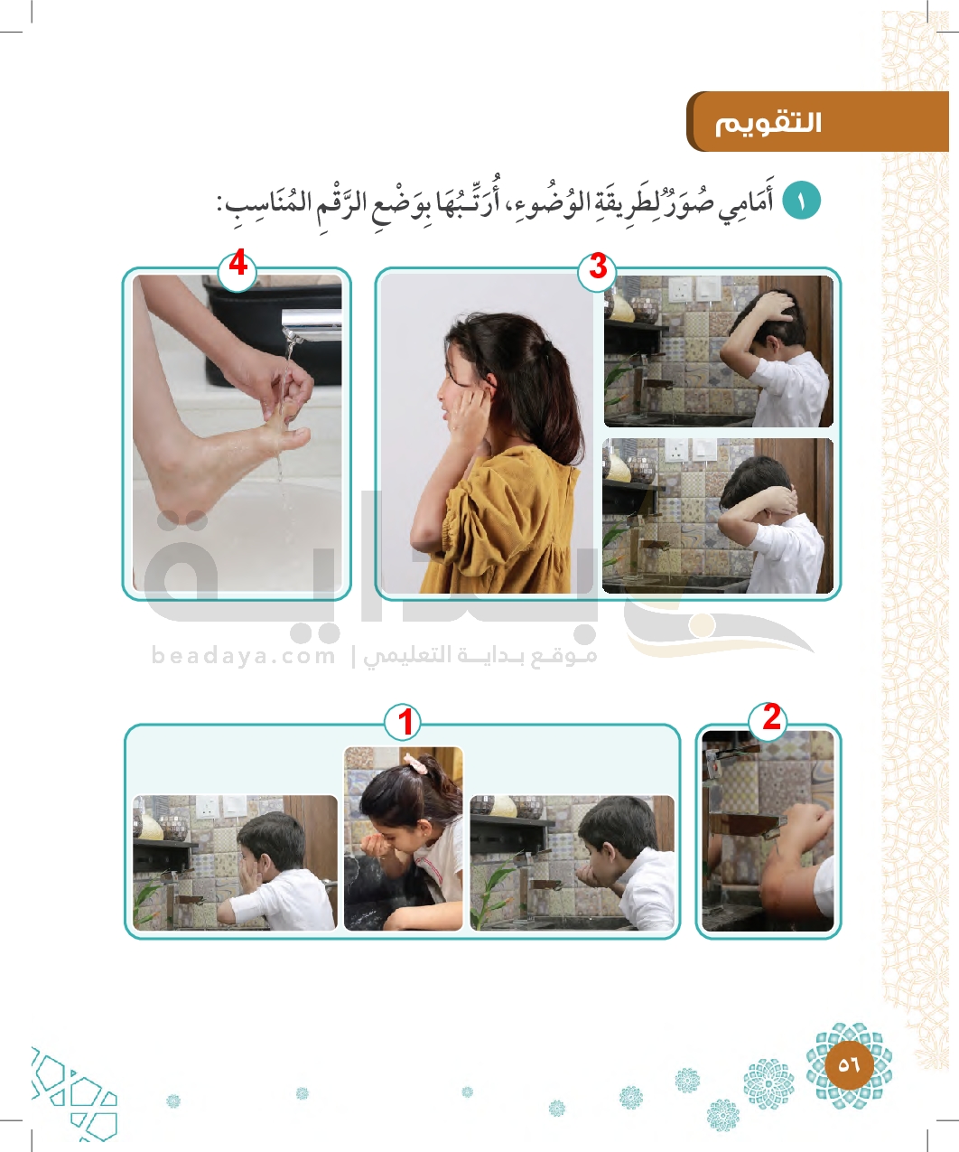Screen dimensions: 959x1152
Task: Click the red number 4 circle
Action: [x=237, y=268]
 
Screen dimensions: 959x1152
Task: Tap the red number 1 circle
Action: [x=403, y=722]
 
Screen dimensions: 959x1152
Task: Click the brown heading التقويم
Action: [x=768, y=124]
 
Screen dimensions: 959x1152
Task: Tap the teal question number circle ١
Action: [x=801, y=201]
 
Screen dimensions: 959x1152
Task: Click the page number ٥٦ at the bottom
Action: [x=849, y=1064]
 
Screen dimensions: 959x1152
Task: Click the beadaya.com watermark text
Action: [x=243, y=655]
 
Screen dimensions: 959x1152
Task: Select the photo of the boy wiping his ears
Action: [x=718, y=515]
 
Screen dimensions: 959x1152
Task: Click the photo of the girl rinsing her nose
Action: [x=403, y=838]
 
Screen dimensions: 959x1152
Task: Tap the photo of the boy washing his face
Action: [x=235, y=863]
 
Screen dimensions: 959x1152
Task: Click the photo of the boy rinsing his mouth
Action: [x=572, y=863]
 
